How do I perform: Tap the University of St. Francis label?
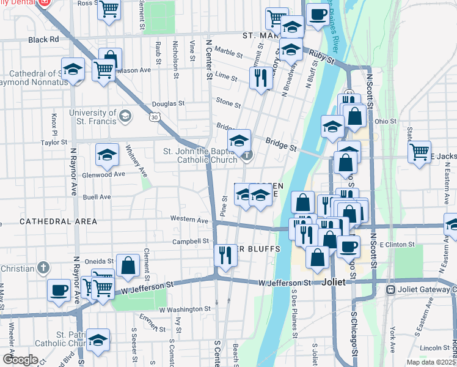tap(92, 116)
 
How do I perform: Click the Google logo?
tap(20, 360)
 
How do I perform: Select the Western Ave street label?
tap(189, 219)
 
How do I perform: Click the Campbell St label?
tap(191, 242)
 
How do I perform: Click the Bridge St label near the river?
tap(281, 147)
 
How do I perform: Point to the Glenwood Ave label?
tap(104, 174)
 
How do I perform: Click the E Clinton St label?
tap(397, 245)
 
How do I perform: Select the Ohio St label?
tap(386, 121)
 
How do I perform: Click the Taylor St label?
tap(54, 143)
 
